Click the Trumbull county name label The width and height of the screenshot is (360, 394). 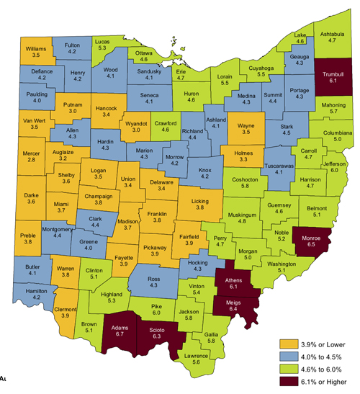(333, 74)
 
